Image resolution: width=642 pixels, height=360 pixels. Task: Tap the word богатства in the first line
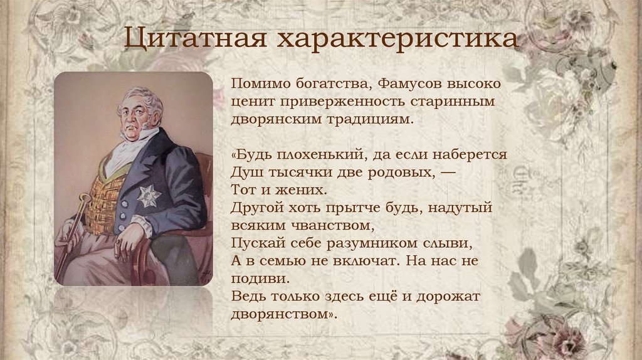(323, 83)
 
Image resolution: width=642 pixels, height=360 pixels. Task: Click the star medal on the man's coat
(149, 196)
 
